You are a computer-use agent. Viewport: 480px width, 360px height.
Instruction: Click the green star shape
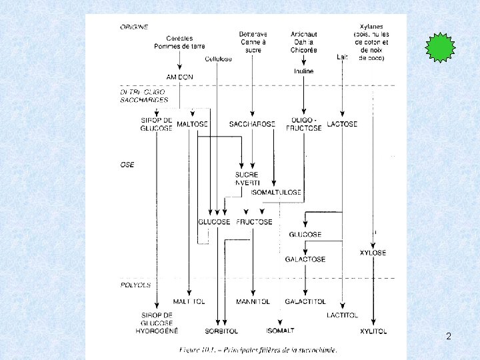point(440,48)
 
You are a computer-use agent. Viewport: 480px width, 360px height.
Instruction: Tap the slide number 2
point(449,336)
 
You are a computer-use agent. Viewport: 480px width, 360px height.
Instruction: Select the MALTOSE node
point(193,124)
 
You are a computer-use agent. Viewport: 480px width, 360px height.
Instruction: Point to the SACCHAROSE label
point(252,124)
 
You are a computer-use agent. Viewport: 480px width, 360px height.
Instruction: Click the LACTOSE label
point(343,124)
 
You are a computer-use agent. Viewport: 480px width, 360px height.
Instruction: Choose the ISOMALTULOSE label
point(276,192)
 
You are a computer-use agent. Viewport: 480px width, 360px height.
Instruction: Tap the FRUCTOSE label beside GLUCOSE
point(255,221)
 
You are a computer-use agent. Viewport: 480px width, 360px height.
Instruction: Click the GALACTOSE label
point(305,259)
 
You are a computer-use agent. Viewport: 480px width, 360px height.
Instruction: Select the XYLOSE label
point(373,253)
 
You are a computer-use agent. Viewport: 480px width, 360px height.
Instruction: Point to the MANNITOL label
point(253,301)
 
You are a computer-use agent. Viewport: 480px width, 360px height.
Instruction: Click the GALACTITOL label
point(305,301)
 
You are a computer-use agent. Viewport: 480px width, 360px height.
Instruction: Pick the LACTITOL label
point(343,315)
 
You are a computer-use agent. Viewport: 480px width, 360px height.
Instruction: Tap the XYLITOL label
point(373,331)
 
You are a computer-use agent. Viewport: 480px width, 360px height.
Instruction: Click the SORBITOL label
point(222,331)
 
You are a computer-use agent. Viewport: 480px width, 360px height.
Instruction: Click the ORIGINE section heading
point(134,27)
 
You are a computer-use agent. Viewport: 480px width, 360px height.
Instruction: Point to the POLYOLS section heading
point(135,285)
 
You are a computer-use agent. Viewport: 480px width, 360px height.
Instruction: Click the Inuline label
point(303,71)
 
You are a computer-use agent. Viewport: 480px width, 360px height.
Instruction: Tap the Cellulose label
point(219,59)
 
